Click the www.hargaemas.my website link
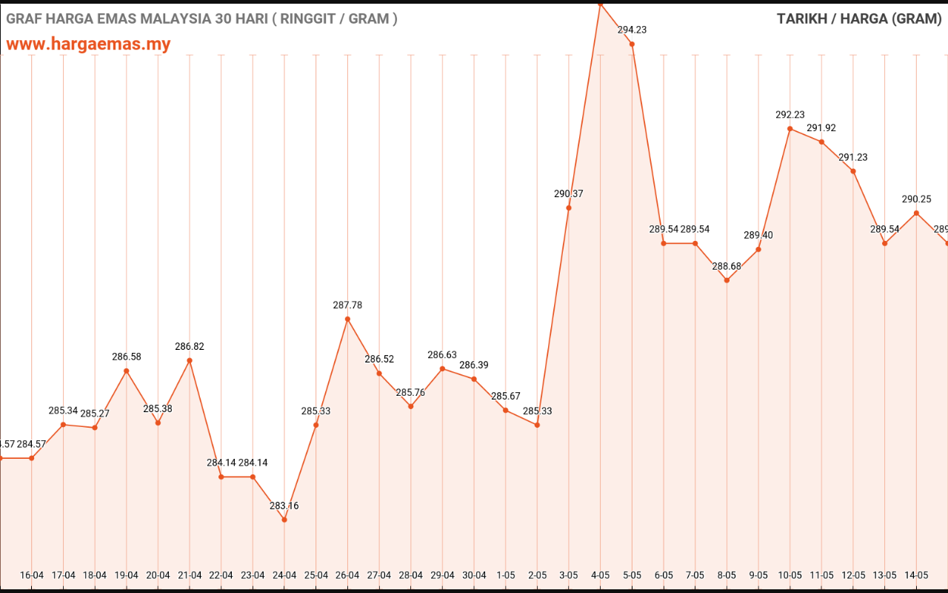click(88, 44)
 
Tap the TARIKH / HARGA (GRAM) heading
click(859, 19)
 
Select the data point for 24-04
click(284, 520)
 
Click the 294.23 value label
click(632, 30)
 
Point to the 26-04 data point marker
click(347, 319)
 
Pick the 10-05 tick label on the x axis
click(790, 575)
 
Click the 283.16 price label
click(284, 506)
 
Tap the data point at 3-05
click(569, 208)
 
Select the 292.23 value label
click(790, 114)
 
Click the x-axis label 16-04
click(32, 575)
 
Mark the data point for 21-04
click(190, 360)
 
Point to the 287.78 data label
click(347, 305)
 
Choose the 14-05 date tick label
click(916, 575)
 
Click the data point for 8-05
click(727, 280)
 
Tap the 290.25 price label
click(916, 199)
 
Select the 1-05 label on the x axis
click(506, 575)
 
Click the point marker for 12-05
click(853, 171)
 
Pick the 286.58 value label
click(127, 357)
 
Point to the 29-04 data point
click(442, 368)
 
